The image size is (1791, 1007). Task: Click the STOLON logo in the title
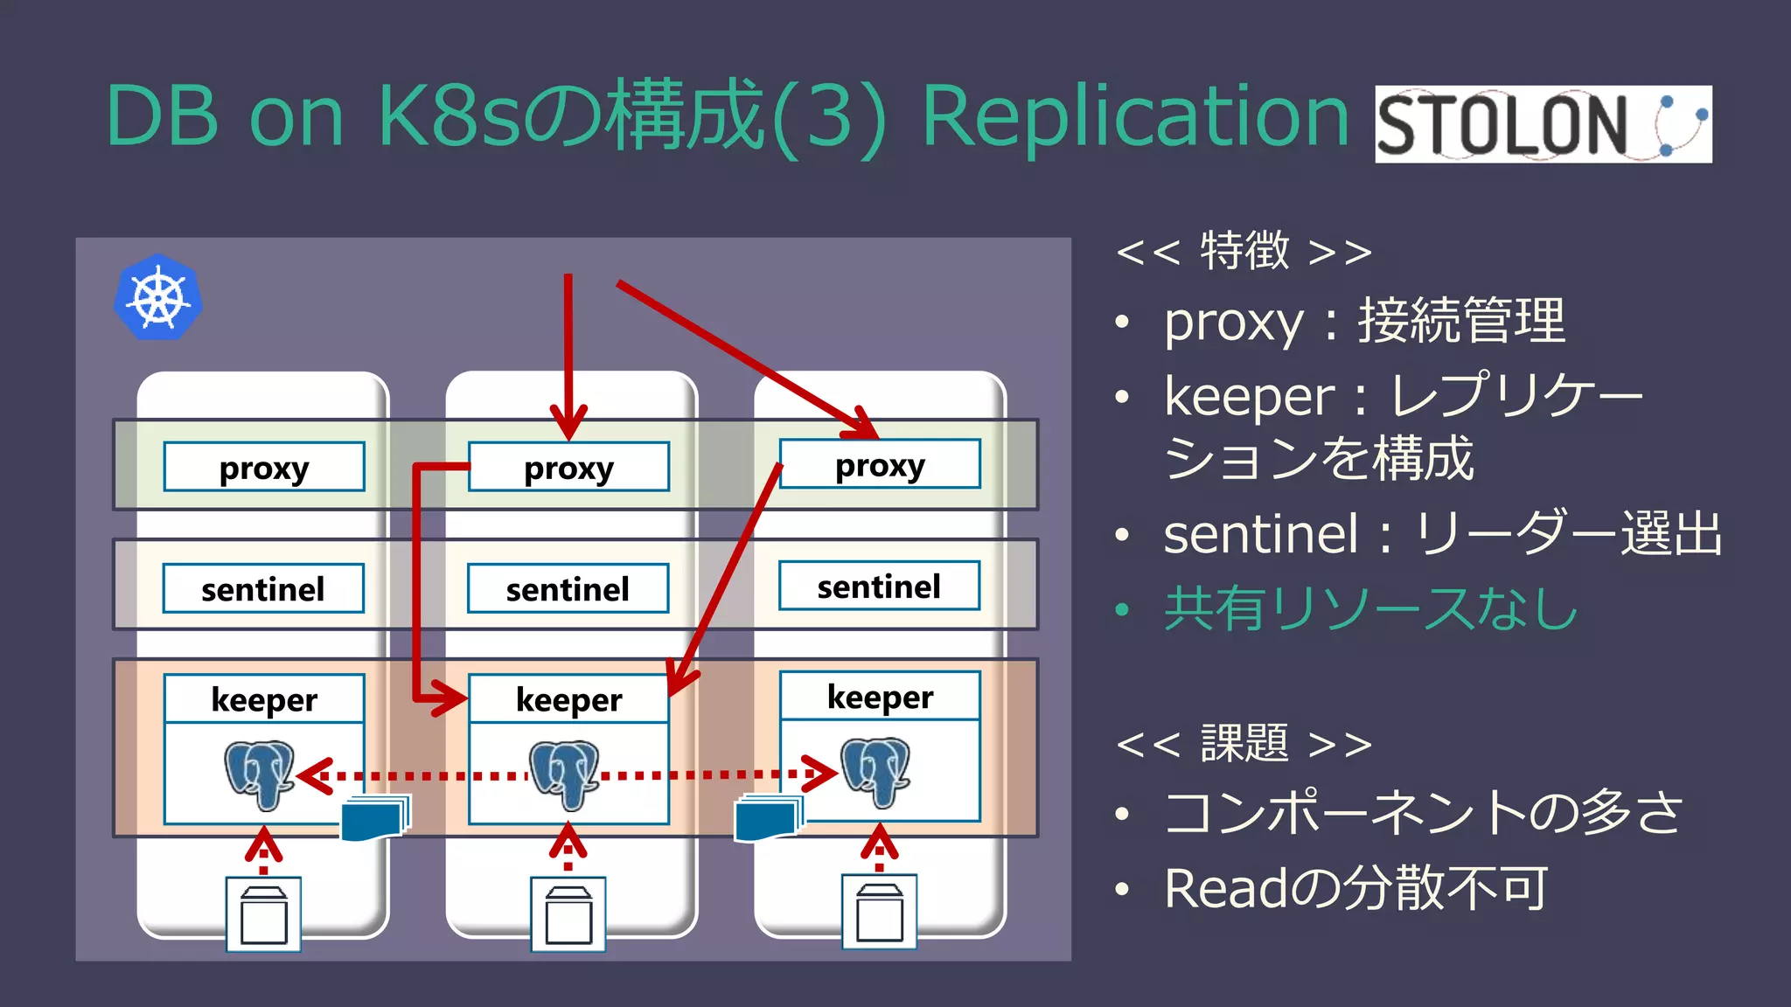[x=1543, y=124]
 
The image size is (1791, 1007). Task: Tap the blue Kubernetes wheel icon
[x=158, y=298]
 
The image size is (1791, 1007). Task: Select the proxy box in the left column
[x=264, y=467]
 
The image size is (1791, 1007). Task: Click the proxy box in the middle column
[x=568, y=468]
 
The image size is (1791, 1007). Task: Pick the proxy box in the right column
[x=880, y=464]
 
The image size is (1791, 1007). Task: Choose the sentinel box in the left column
[x=263, y=588]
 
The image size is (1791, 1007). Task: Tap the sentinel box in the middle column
[x=568, y=588]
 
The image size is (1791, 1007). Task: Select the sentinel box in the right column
[x=879, y=586]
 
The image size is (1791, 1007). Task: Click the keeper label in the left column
[x=264, y=699]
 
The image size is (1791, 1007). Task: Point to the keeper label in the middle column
[x=568, y=699]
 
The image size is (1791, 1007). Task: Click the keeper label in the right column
[x=880, y=697]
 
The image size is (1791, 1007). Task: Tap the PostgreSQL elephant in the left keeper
[x=259, y=774]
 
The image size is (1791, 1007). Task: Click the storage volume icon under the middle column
[x=568, y=914]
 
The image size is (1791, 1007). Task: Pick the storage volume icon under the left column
[x=264, y=914]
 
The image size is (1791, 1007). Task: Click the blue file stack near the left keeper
[x=375, y=818]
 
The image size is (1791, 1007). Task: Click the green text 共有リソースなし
[x=1370, y=608]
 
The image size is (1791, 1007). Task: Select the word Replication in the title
[x=1135, y=117]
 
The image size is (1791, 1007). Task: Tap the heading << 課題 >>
[x=1244, y=744]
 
